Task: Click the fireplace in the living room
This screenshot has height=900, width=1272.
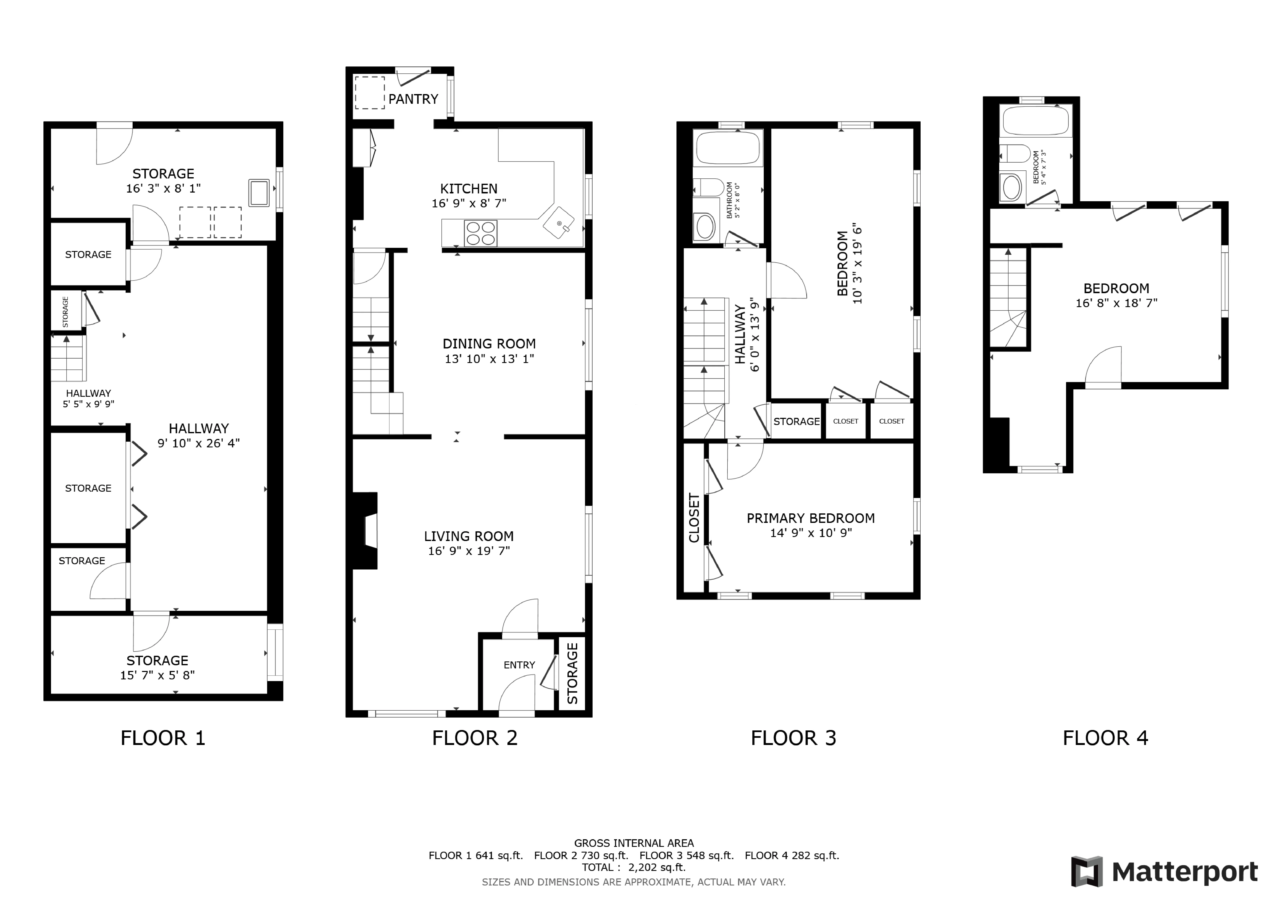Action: pyautogui.click(x=366, y=531)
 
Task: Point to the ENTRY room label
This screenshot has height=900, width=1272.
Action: pyautogui.click(x=519, y=665)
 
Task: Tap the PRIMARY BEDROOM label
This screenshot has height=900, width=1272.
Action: pyautogui.click(x=811, y=518)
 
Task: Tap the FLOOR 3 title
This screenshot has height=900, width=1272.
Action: pyautogui.click(x=793, y=738)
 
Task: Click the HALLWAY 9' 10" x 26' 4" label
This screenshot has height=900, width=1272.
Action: pyautogui.click(x=198, y=436)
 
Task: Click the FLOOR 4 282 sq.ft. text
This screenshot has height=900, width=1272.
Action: pyautogui.click(x=792, y=855)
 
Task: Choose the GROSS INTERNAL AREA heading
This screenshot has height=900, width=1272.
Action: pyautogui.click(x=634, y=843)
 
